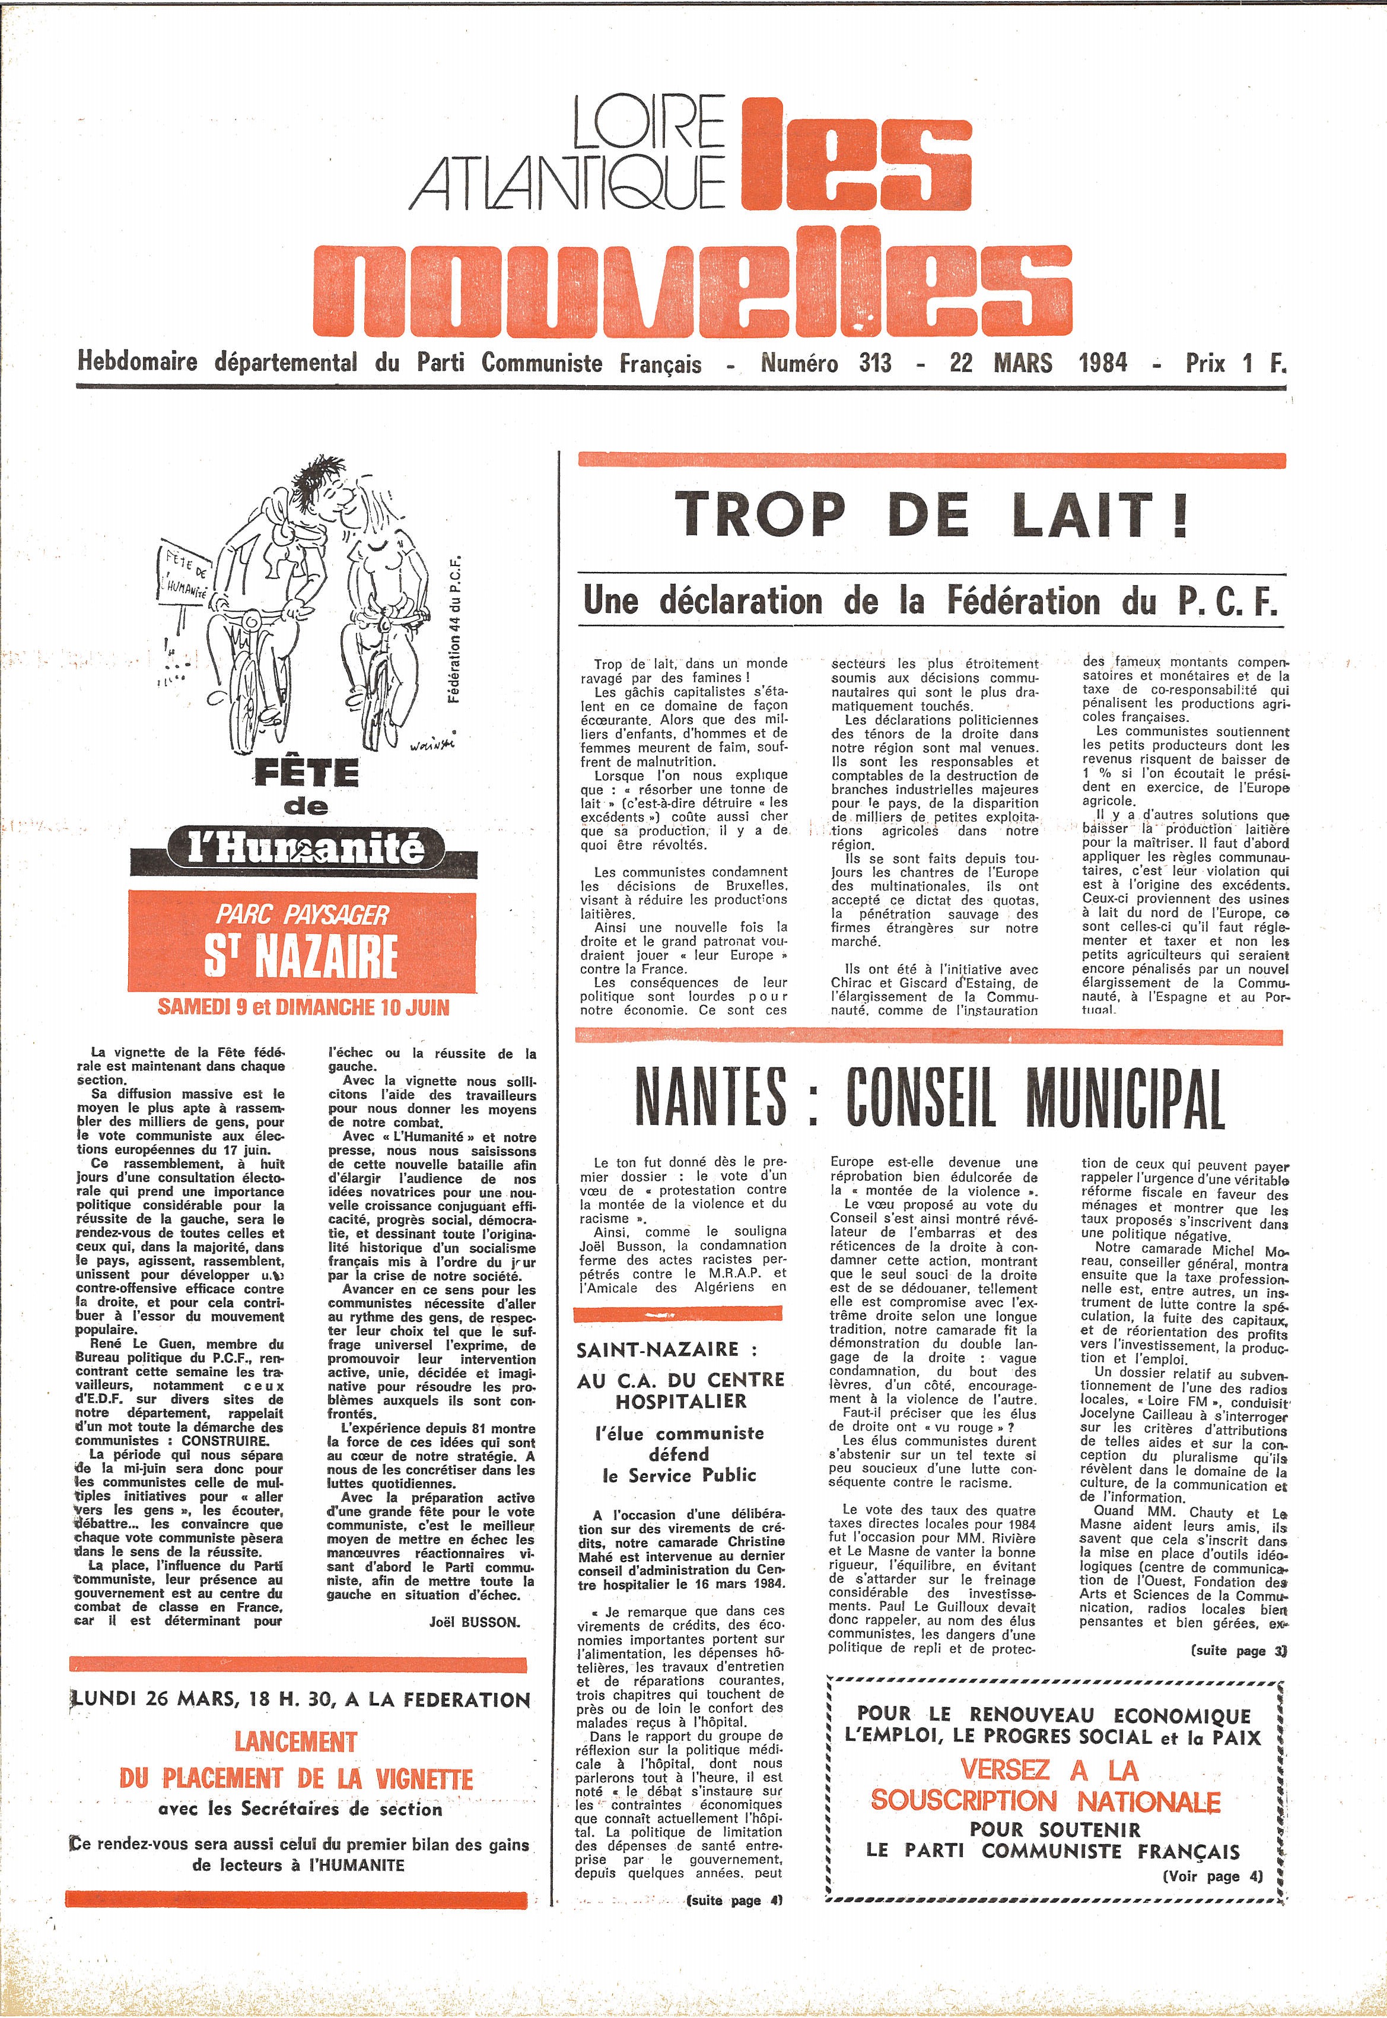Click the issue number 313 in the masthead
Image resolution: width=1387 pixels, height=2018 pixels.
click(x=874, y=363)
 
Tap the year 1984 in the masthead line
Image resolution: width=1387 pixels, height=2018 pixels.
click(x=1103, y=363)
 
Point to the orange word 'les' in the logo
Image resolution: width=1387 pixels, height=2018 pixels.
click(x=856, y=157)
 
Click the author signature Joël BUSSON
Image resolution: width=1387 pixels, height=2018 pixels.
click(x=475, y=1623)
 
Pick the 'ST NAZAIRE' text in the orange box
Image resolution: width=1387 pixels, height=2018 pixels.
click(x=301, y=956)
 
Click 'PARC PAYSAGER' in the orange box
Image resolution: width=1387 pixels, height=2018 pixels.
click(x=301, y=914)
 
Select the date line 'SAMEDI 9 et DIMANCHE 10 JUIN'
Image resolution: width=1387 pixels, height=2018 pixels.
click(x=303, y=1008)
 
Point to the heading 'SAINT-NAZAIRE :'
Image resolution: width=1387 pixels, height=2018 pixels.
click(x=667, y=1350)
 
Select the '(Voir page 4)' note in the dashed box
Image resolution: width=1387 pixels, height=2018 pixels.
click(x=1213, y=1876)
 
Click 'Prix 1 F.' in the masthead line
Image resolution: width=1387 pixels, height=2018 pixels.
click(x=1235, y=363)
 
